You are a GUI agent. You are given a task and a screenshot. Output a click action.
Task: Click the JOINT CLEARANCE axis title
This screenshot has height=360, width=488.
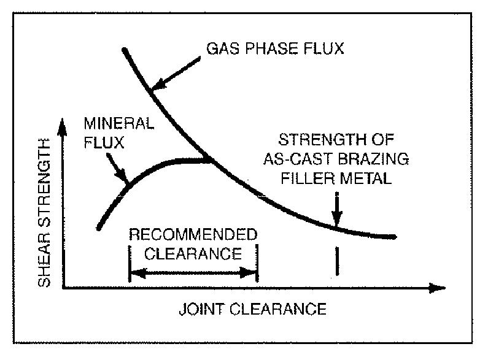tap(252, 308)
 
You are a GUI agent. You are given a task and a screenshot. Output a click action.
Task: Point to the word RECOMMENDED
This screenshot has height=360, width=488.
tap(192, 236)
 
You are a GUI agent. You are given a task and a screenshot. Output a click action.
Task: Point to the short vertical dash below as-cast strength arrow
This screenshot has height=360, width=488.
tap(336, 261)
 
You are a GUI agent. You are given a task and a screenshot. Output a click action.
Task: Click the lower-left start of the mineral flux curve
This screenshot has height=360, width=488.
tap(98, 228)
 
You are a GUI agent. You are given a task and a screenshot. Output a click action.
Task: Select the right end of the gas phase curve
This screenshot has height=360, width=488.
tap(395, 237)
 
